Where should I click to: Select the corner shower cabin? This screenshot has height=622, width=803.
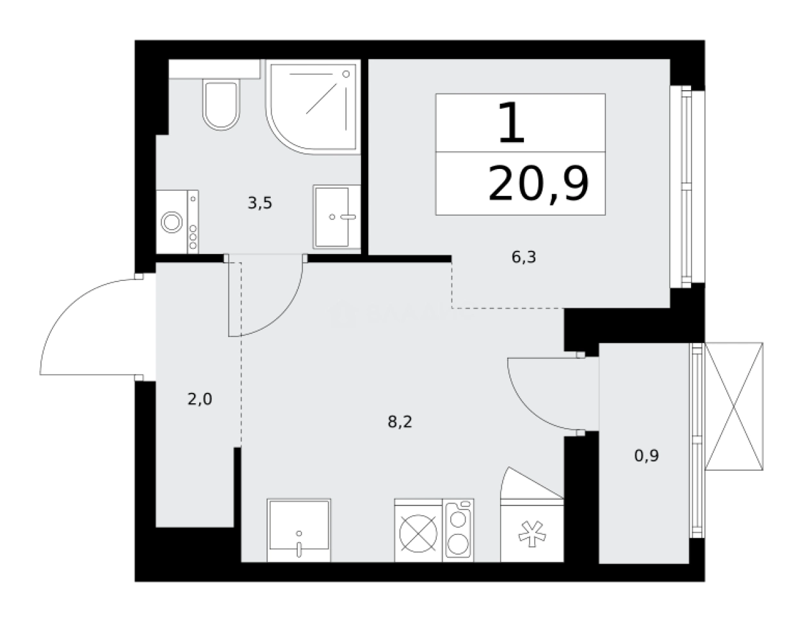312,107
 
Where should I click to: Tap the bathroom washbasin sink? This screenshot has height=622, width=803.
336,216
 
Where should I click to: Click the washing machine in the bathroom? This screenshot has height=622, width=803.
177,222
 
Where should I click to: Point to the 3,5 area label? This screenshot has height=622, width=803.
260,203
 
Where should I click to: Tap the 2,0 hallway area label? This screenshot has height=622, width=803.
199,399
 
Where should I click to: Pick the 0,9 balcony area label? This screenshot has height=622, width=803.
646,456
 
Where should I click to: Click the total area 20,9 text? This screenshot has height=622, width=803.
538,184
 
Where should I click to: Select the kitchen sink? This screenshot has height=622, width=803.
299,530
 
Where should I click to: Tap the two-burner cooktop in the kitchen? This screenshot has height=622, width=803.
458,530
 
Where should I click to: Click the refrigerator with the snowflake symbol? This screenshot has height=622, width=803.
532,530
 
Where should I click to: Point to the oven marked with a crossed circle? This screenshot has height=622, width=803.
418,530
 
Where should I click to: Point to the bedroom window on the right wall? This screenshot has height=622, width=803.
688,186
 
